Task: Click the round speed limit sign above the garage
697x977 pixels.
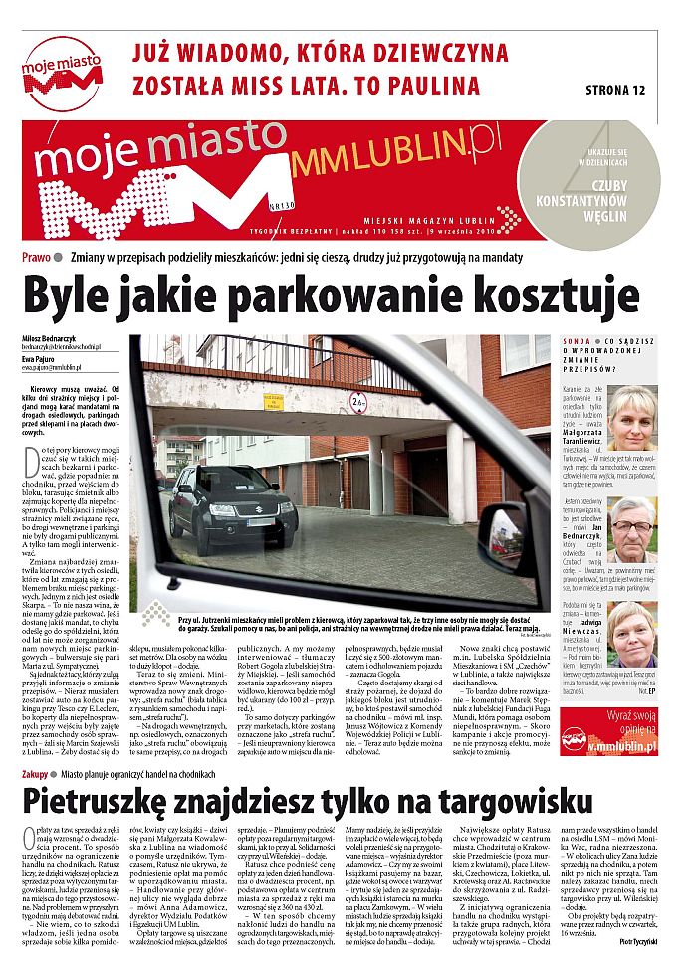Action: coord(357,401)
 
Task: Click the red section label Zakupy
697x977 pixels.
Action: coord(38,771)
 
